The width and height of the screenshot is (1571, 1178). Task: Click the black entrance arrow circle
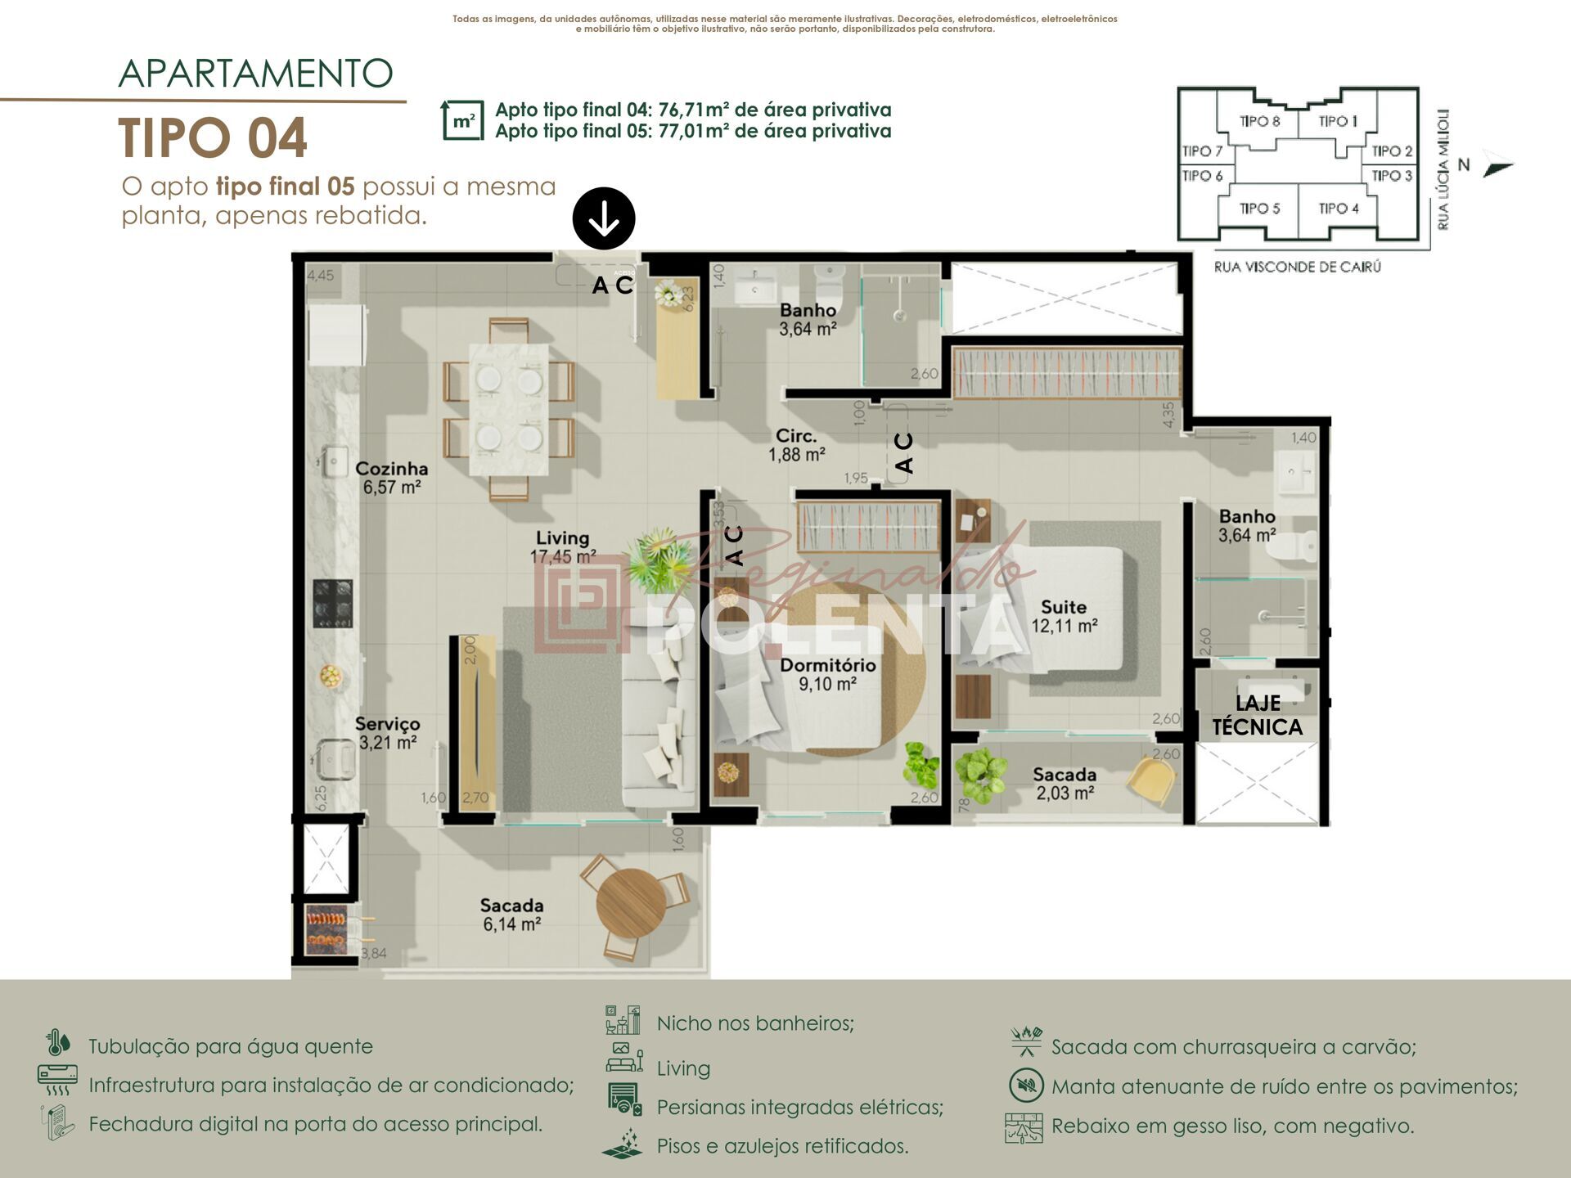coord(604,218)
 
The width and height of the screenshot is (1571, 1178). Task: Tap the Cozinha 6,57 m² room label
coord(392,478)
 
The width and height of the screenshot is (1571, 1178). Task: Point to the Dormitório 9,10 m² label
coord(827,674)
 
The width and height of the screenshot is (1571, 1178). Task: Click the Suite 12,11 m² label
coord(1064,616)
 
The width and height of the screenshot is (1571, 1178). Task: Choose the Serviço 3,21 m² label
coord(388,733)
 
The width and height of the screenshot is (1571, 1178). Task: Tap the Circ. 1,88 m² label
coord(796,445)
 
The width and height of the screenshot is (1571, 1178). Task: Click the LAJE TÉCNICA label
coord(1257,715)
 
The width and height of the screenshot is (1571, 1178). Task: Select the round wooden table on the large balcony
coord(631,903)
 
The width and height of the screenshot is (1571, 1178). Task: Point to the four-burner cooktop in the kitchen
coord(333,604)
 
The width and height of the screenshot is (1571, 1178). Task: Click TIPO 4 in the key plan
coord(1338,209)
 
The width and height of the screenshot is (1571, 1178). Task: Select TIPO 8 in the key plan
coord(1259,122)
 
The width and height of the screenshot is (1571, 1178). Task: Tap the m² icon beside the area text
coord(462,121)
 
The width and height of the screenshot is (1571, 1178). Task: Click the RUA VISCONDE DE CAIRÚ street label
coord(1297,267)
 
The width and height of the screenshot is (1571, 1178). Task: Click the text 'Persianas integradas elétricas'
coord(799,1107)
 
